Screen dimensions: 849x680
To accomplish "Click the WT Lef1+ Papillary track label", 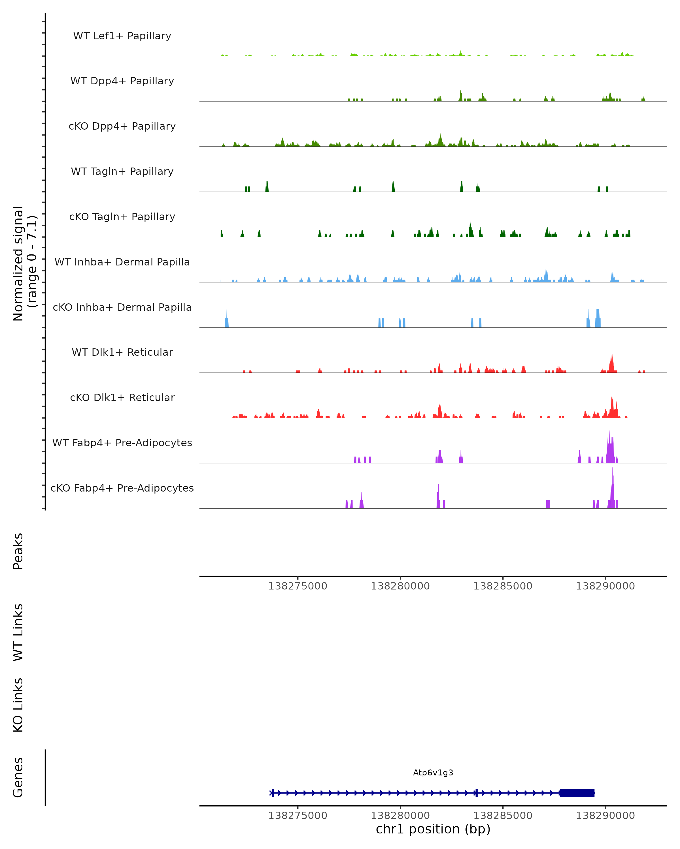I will tap(122, 36).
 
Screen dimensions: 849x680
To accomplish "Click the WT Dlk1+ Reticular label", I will tap(122, 352).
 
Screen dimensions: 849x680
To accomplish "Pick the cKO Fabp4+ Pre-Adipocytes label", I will tap(122, 488).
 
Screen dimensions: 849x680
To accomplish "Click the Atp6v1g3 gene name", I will tap(433, 773).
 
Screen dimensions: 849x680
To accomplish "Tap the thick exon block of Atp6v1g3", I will tap(577, 793).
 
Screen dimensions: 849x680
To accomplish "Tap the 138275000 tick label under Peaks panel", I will tap(297, 586).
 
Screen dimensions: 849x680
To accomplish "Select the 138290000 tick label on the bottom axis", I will tap(605, 816).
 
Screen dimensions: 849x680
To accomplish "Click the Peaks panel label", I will tap(18, 551).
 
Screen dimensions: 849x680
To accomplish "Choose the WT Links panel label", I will tap(18, 632).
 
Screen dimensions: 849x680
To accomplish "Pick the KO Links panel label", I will tap(18, 705).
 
